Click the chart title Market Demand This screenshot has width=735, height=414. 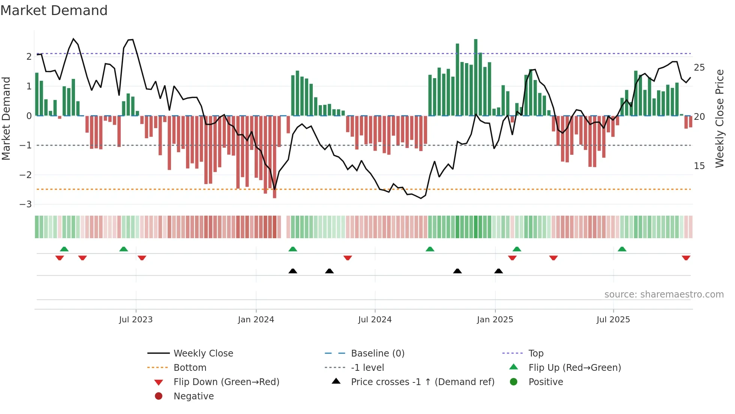pyautogui.click(x=54, y=11)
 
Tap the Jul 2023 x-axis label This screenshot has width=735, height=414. pyautogui.click(x=136, y=320)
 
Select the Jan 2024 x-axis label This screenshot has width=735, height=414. pyautogui.click(x=256, y=320)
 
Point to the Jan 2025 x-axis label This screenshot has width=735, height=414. pyautogui.click(x=495, y=320)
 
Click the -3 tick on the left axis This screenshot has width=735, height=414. pyautogui.click(x=26, y=204)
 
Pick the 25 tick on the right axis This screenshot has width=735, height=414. pyautogui.click(x=699, y=68)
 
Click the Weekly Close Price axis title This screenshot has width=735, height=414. pyautogui.click(x=719, y=118)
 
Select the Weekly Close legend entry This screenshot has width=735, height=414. pyautogui.click(x=203, y=354)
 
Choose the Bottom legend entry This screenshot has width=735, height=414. pyautogui.click(x=190, y=368)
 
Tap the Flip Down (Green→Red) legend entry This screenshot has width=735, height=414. pyautogui.click(x=226, y=382)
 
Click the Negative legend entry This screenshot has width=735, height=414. pyautogui.click(x=193, y=396)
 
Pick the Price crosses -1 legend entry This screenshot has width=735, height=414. pyautogui.click(x=422, y=382)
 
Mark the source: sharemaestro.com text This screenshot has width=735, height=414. pyautogui.click(x=664, y=295)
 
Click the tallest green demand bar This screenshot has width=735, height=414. pyautogui.click(x=475, y=77)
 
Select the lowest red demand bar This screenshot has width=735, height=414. pyautogui.click(x=274, y=157)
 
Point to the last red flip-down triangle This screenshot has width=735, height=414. pyautogui.click(x=686, y=258)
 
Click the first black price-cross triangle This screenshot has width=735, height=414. pyautogui.click(x=293, y=271)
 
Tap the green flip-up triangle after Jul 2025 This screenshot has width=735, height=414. pyautogui.click(x=622, y=249)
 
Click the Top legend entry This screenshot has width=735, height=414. pyautogui.click(x=536, y=354)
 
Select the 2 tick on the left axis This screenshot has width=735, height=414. pyautogui.click(x=29, y=57)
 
